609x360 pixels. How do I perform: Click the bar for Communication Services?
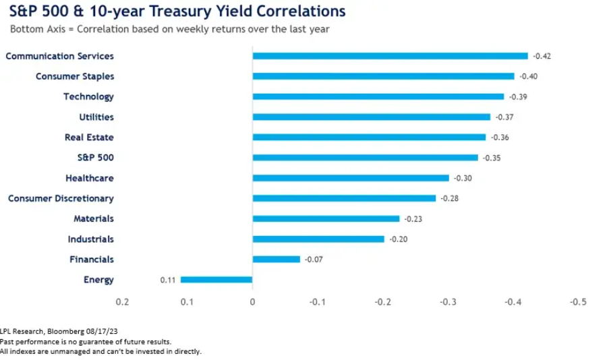tap(390, 56)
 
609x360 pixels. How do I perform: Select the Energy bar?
tap(216, 280)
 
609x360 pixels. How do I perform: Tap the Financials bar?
tap(276, 260)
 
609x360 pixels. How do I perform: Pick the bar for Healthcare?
tap(351, 178)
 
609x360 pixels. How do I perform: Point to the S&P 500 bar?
tap(365, 158)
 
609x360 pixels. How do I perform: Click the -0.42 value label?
tap(542, 56)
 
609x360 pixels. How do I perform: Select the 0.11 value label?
tap(168, 280)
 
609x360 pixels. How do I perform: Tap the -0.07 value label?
tap(314, 260)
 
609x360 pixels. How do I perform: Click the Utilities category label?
tap(96, 117)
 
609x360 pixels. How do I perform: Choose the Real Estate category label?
tap(89, 138)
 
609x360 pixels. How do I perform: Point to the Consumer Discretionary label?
tap(61, 198)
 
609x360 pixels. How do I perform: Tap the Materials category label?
tap(94, 218)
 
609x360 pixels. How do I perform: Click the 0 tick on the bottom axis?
tap(252, 301)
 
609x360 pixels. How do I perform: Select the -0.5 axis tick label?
tap(578, 301)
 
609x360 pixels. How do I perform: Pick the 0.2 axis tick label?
tap(122, 301)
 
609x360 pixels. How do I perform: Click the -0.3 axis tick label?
tap(448, 301)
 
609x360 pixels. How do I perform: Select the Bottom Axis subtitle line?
tap(169, 29)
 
